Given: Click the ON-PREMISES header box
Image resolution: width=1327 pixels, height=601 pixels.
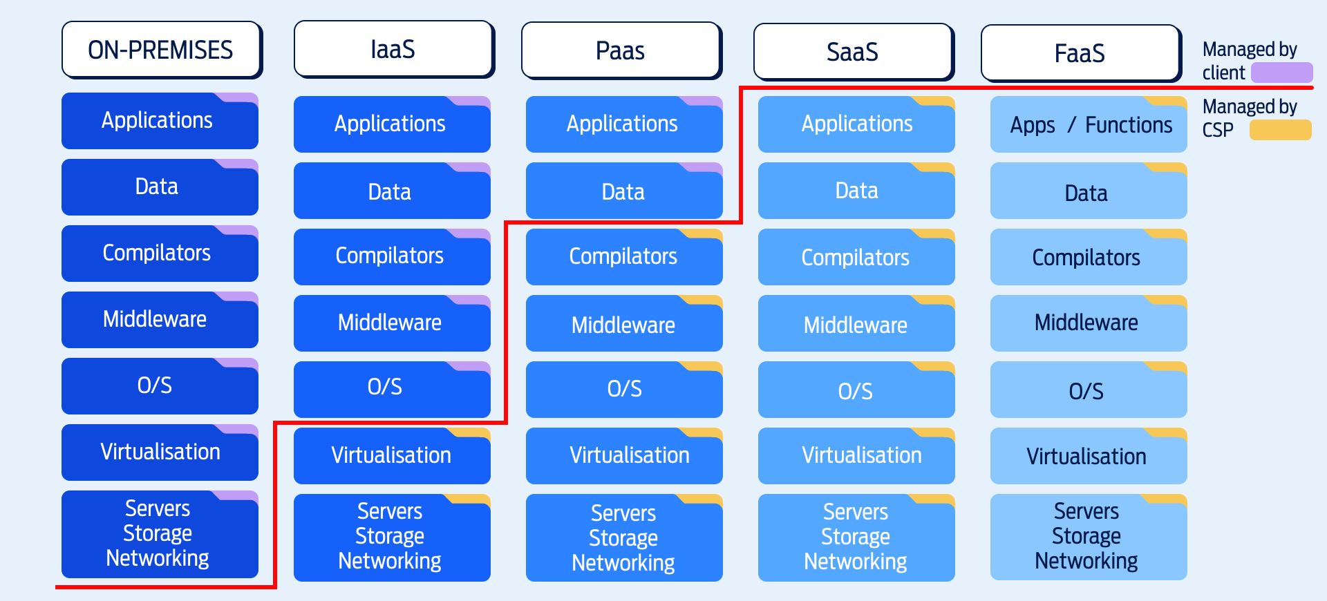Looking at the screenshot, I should pos(161,50).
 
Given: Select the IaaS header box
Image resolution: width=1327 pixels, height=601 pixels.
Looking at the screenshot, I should pos(393,49).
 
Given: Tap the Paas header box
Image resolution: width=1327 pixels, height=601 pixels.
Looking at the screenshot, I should pos(621,50).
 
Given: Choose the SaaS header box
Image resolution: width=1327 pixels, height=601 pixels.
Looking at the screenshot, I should pos(853,52).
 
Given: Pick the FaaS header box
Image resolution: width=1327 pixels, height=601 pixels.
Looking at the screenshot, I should pos(1080,53).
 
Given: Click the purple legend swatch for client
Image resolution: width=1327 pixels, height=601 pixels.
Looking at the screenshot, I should pos(1281,73).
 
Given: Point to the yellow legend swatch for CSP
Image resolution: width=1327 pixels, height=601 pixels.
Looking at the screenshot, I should pos(1280,130).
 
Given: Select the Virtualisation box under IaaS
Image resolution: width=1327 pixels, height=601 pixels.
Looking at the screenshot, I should pos(392,456).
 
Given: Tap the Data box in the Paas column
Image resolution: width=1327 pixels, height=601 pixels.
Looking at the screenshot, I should pos(623,192).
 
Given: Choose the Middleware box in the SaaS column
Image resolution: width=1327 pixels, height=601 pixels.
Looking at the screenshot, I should pos(856,325).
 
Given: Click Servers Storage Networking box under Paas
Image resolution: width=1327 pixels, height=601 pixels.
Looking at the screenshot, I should pos(623,538).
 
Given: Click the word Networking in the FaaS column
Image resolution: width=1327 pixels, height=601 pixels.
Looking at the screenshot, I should pos(1086,561).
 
